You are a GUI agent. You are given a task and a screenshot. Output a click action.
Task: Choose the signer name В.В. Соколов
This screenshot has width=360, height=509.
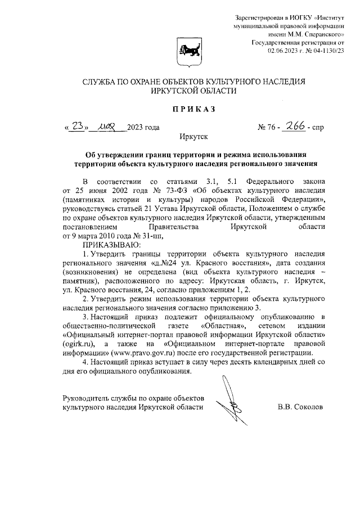[x=301, y=406]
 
